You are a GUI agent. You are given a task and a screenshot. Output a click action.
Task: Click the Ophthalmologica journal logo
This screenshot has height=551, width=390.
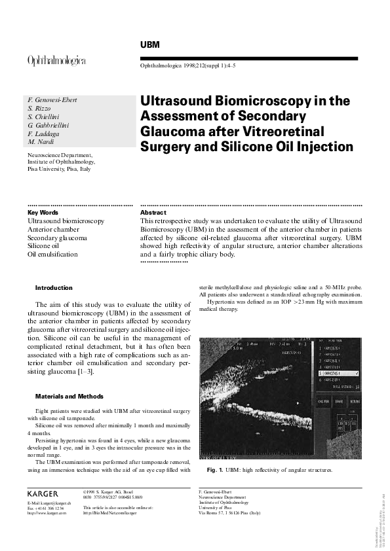56,60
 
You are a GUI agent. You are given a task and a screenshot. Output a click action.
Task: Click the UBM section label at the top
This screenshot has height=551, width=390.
151,44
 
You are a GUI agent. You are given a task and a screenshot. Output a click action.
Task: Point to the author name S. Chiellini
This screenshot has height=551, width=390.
43,116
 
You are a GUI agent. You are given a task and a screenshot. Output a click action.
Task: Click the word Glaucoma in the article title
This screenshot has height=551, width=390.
171,131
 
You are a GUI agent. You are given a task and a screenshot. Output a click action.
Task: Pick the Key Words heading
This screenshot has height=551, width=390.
43,213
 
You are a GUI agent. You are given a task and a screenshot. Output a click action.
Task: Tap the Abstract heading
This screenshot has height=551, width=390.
153,213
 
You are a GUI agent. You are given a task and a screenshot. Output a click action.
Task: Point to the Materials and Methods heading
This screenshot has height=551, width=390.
68,396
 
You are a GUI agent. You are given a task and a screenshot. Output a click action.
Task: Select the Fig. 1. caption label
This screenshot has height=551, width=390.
215,470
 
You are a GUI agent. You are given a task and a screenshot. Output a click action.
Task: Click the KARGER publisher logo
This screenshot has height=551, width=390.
43,493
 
